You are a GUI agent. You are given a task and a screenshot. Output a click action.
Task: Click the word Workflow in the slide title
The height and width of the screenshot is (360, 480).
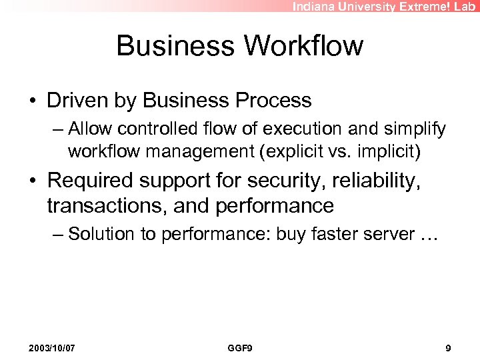tap(305, 46)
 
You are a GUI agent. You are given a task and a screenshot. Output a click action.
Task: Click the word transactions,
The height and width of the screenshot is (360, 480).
tap(107, 205)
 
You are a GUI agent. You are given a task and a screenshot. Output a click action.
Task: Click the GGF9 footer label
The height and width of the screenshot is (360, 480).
tap(240, 348)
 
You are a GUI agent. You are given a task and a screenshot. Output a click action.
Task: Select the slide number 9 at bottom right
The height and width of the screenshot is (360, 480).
tap(448, 348)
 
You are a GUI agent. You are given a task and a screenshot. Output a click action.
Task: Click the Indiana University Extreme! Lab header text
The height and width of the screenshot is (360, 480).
tap(385, 6)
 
